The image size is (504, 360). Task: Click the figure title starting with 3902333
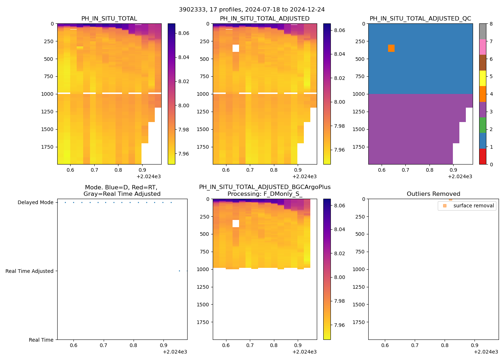pyautogui.click(x=252, y=10)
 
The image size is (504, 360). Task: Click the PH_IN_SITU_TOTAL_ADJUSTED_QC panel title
pyautogui.click(x=420, y=19)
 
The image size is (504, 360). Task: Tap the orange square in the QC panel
pyautogui.click(x=391, y=48)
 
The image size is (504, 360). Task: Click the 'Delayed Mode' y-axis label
pyautogui.click(x=35, y=202)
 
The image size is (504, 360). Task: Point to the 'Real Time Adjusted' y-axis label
pyautogui.click(x=29, y=271)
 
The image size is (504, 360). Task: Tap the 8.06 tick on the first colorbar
pyautogui.click(x=184, y=33)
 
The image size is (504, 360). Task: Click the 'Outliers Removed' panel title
pyautogui.click(x=433, y=194)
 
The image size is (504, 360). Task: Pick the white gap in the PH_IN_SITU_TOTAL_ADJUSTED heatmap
pyautogui.click(x=236, y=48)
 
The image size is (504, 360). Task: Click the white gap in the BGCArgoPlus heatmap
pyautogui.click(x=236, y=224)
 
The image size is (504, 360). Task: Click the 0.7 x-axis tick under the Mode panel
pyautogui.click(x=103, y=346)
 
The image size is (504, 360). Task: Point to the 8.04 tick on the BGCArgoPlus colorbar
pyautogui.click(x=339, y=229)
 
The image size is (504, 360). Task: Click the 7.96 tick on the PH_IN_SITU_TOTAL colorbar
pyautogui.click(x=184, y=154)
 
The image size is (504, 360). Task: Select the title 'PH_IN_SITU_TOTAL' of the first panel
pyautogui.click(x=109, y=19)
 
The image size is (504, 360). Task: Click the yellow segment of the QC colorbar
pyautogui.click(x=482, y=78)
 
